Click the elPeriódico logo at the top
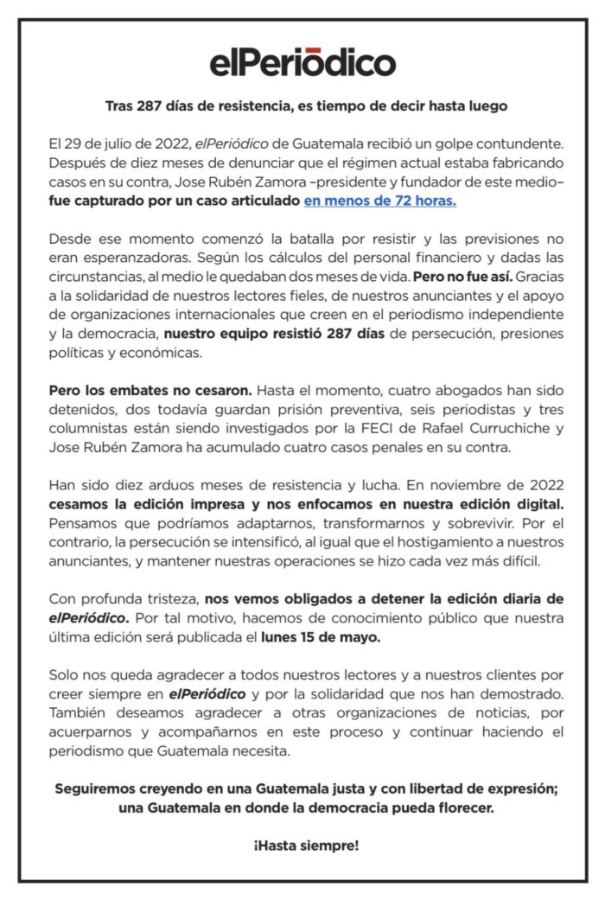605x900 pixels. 302,62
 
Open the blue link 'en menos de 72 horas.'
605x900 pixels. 379,201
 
